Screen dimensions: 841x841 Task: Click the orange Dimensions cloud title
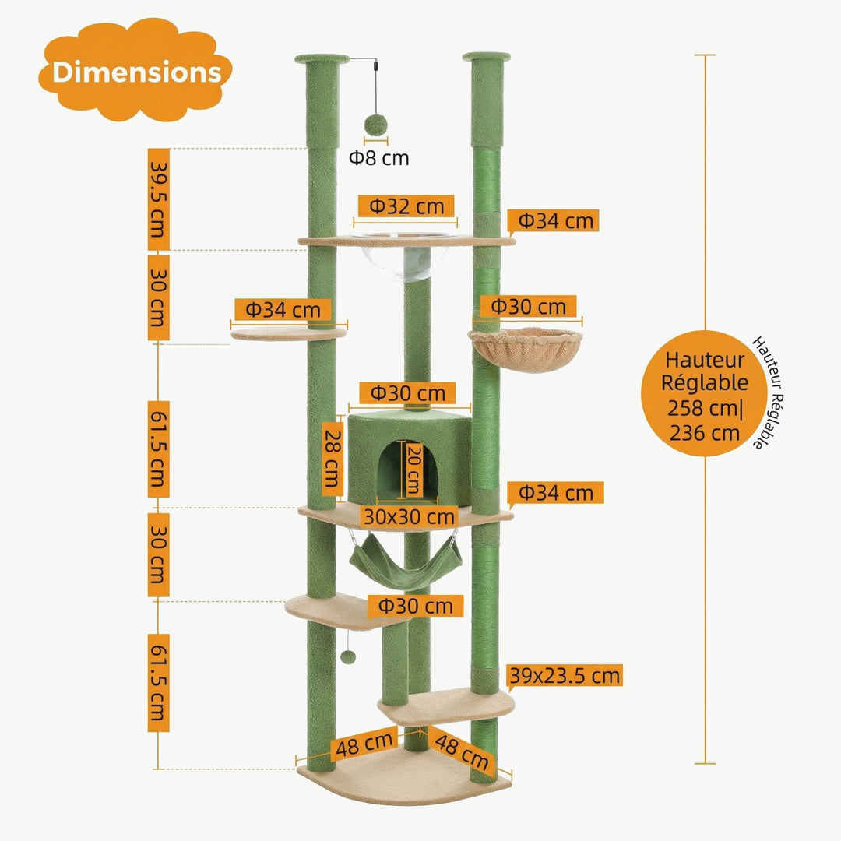point(136,72)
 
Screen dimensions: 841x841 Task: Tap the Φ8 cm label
point(378,158)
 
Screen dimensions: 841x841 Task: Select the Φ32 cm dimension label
point(406,206)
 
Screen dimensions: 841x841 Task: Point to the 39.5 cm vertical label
point(158,199)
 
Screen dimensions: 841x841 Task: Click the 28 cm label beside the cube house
point(333,458)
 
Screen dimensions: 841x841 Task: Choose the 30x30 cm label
point(408,516)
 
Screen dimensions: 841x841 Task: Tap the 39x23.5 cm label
point(565,675)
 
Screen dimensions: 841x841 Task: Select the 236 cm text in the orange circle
point(705,432)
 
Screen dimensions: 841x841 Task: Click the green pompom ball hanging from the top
point(377,125)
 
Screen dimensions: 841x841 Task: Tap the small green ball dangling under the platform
point(347,658)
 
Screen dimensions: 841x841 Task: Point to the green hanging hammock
point(405,565)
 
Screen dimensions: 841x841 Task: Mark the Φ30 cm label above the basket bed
point(528,307)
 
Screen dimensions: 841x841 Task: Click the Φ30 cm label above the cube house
point(407,393)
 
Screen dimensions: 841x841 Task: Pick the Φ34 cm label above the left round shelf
point(283,310)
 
